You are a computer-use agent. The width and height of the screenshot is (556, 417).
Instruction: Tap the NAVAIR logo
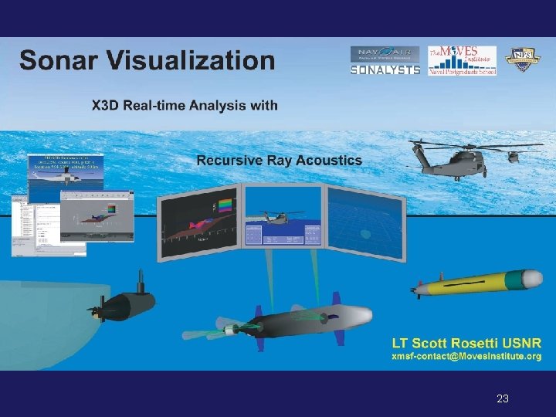[x=385, y=53]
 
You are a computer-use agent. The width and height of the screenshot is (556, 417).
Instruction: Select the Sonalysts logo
[x=385, y=69]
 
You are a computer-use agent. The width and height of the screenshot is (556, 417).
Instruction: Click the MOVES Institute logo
[x=462, y=60]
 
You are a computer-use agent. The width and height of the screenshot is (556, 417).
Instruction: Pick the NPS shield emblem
[x=522, y=60]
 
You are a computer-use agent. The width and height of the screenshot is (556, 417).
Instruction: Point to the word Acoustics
[x=327, y=161]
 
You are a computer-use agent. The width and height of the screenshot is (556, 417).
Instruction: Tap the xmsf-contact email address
[x=466, y=357]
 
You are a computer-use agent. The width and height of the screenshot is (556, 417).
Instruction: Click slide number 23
[x=503, y=399]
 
